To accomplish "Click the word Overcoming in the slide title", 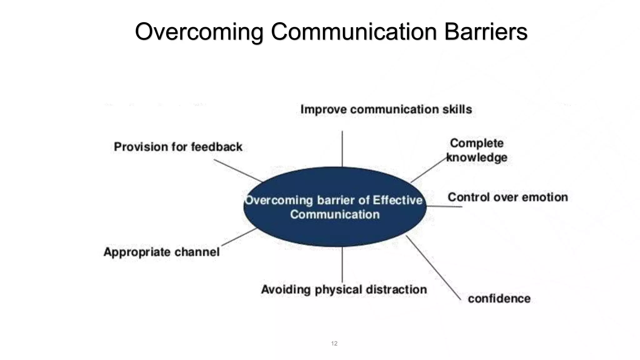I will click(199, 32).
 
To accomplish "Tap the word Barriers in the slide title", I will click(486, 32).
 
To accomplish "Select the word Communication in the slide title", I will click(353, 32).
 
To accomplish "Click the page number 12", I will click(334, 343).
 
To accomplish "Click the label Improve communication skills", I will click(386, 109).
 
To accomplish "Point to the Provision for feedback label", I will click(178, 147).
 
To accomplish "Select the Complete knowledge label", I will click(477, 150).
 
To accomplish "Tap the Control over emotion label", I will click(508, 197).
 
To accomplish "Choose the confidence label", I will click(499, 299).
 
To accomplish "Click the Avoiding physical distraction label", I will click(344, 289).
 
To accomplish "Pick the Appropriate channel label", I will click(162, 252).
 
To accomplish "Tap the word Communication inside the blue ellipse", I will click(335, 215).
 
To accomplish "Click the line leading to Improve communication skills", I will click(342, 148).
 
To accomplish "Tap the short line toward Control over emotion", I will click(444, 206).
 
